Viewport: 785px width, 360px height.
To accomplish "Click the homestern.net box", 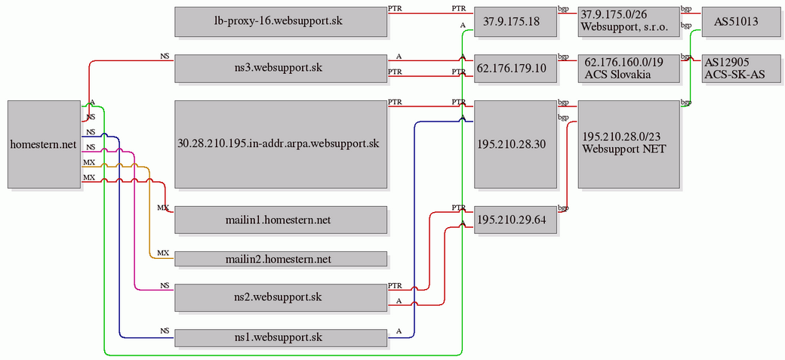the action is coord(44,144).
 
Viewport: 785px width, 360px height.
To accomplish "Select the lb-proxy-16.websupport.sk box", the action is coord(281,22).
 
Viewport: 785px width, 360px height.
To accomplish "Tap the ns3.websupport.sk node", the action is coord(281,69).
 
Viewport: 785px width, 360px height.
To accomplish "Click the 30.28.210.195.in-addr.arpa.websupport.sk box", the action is coord(281,144).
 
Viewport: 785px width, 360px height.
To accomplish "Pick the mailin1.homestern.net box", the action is coord(281,220).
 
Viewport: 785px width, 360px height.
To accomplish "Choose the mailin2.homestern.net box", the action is coord(281,259).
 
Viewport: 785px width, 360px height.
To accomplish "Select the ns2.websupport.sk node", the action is coord(281,297).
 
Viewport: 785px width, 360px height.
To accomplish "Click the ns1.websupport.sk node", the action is coord(281,337).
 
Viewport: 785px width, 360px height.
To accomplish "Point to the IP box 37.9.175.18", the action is coord(515,22).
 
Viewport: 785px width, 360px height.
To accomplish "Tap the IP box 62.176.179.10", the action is coord(515,69).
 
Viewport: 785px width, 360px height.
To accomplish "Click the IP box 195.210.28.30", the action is coord(515,144).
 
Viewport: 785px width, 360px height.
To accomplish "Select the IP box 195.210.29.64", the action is coord(515,220).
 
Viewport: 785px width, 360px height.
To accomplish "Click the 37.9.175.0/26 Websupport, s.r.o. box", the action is coord(629,22).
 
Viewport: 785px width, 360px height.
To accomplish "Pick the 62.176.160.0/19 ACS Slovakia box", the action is coord(629,69).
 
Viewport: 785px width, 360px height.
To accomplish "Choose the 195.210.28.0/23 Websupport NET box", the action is coord(629,144).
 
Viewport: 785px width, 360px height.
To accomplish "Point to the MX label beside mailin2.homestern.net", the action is coord(163,253).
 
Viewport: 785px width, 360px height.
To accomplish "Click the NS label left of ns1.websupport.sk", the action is coord(165,331).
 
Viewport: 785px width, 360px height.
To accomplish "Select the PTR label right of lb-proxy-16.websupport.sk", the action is coord(395,8).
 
